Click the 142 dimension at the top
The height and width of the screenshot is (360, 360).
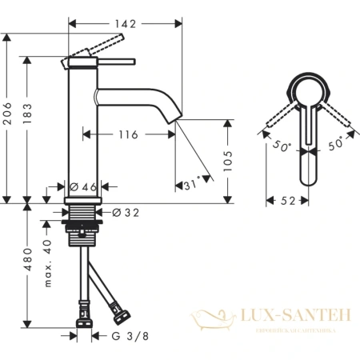coord(122,24)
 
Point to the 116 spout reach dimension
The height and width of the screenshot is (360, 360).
coord(126,135)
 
